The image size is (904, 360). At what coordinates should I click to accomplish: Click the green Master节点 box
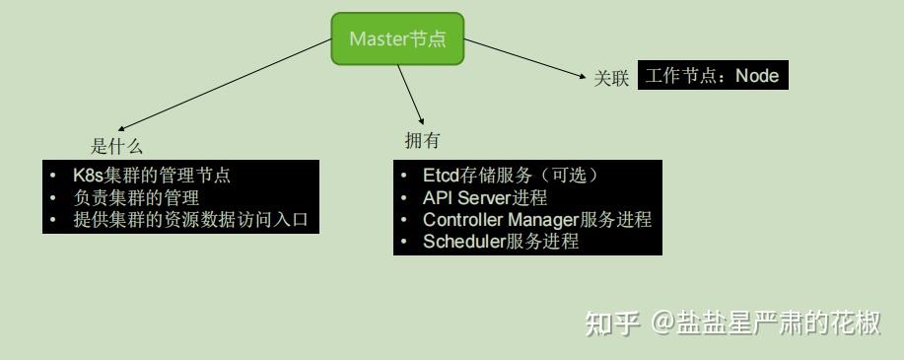point(396,38)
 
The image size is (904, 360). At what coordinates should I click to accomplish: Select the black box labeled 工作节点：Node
point(713,76)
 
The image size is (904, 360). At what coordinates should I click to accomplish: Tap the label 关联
point(610,79)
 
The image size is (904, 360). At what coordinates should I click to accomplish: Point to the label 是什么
point(116,147)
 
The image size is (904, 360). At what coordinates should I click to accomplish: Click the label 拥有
point(422,140)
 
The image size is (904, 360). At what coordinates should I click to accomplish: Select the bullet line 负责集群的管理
point(136,197)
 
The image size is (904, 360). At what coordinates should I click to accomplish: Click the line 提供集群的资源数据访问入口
point(190,219)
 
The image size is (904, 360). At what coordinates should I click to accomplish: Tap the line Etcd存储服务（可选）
point(511,176)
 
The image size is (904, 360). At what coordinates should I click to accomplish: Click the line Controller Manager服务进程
point(537,219)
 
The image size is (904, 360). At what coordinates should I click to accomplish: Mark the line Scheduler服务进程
point(500,241)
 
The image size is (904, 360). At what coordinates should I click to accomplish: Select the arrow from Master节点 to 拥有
point(411,95)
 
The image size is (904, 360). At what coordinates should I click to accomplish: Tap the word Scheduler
point(463,241)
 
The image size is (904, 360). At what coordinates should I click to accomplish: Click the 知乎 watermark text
point(611,323)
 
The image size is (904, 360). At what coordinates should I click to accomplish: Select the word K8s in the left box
point(88,176)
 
